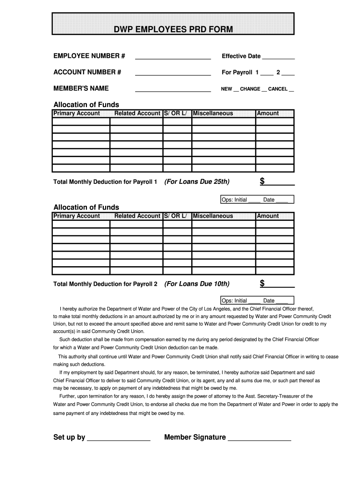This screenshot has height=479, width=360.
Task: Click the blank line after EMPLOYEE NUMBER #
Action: point(173,57)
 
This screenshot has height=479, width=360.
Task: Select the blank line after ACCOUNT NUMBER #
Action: point(173,73)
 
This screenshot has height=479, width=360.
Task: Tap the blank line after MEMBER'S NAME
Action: point(173,89)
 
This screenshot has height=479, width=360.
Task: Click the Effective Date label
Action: point(241,56)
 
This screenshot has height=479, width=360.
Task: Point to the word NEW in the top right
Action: point(226,89)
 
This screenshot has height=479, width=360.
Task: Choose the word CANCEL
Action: point(278,89)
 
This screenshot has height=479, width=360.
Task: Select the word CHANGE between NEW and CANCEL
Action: point(250,89)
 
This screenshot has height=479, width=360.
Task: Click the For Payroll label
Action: point(237,73)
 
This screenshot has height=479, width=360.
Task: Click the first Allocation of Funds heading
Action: point(86,105)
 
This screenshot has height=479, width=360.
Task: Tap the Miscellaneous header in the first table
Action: point(213,113)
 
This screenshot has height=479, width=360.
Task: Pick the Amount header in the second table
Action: point(268,216)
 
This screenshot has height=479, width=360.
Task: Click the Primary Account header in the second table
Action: point(77,216)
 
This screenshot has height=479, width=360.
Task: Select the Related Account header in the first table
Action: point(137,113)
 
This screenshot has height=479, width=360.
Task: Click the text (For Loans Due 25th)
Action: point(197,181)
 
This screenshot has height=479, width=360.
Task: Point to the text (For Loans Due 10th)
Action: point(197,284)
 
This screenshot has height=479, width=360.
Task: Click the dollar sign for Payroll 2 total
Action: point(262,283)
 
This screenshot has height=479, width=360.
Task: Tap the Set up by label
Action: point(69,437)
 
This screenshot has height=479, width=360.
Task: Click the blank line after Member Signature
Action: point(259,439)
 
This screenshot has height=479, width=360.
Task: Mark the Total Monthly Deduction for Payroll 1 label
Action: point(105,182)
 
